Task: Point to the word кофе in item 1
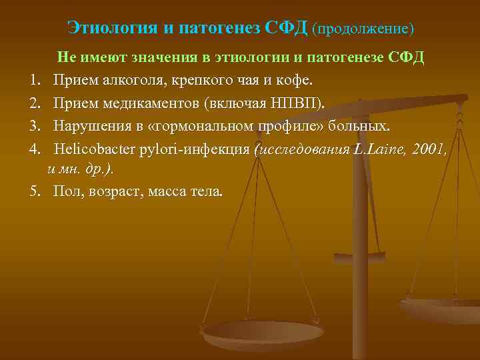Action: tap(298, 80)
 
